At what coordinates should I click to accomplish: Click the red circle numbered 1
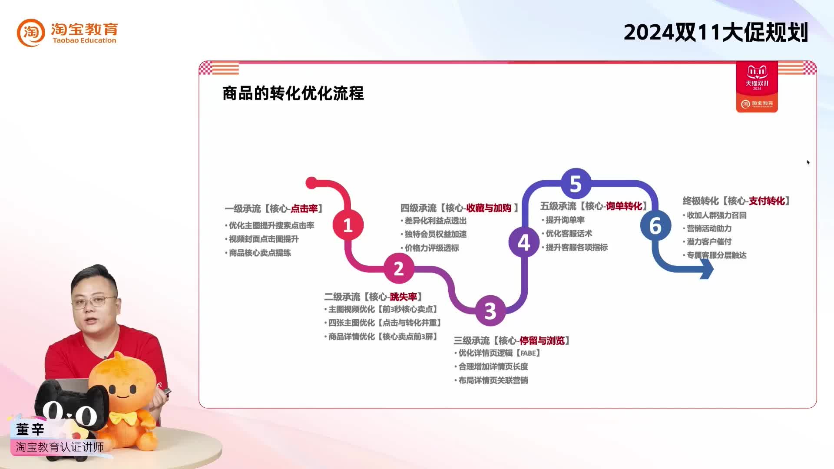tap(348, 225)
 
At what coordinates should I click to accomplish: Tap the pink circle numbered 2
tap(399, 268)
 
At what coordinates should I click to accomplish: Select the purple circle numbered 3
tap(490, 310)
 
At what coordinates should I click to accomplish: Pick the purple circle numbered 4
tap(524, 242)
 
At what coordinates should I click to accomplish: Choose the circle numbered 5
tap(576, 184)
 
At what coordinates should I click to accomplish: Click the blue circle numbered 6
tap(655, 226)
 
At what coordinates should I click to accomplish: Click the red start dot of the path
tap(311, 183)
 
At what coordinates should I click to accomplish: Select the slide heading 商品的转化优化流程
tap(293, 93)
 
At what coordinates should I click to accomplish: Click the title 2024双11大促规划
tap(715, 33)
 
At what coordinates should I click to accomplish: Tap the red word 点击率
tap(304, 209)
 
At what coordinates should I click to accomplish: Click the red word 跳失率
tap(403, 297)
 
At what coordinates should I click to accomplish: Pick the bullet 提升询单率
tap(565, 220)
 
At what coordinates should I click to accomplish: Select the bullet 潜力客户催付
tap(709, 242)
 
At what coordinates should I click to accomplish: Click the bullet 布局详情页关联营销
tap(493, 380)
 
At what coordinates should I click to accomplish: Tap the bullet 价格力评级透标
tap(431, 248)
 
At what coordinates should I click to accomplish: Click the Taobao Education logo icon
tap(31, 33)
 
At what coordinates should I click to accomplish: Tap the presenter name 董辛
tap(30, 429)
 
